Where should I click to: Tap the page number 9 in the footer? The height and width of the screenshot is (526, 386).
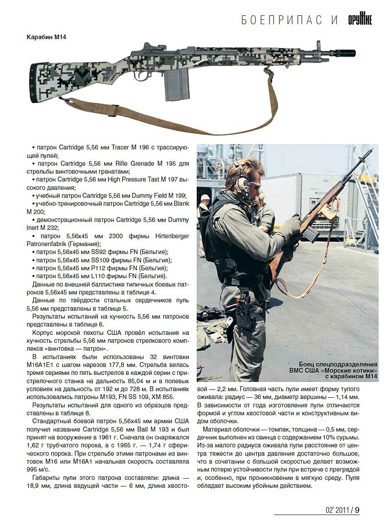[x=357, y=510]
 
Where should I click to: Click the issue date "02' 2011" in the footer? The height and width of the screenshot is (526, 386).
[x=337, y=510]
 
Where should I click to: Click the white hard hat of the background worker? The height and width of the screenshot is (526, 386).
[x=205, y=197]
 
